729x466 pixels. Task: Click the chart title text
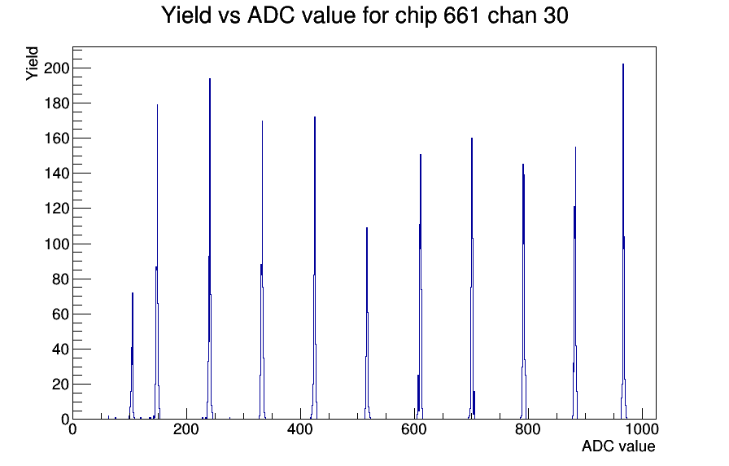click(365, 15)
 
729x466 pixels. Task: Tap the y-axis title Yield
click(32, 64)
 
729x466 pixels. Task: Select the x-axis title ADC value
click(618, 446)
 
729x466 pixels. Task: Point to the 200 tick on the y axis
click(56, 68)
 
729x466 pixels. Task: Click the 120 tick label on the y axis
click(56, 209)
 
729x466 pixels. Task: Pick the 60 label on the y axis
click(61, 314)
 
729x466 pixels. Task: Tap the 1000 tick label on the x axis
click(642, 429)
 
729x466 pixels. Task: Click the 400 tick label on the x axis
click(300, 429)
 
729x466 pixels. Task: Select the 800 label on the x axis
click(528, 429)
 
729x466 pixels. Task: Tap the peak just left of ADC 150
click(157, 262)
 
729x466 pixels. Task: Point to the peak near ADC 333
click(262, 270)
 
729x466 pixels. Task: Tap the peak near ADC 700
click(472, 279)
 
